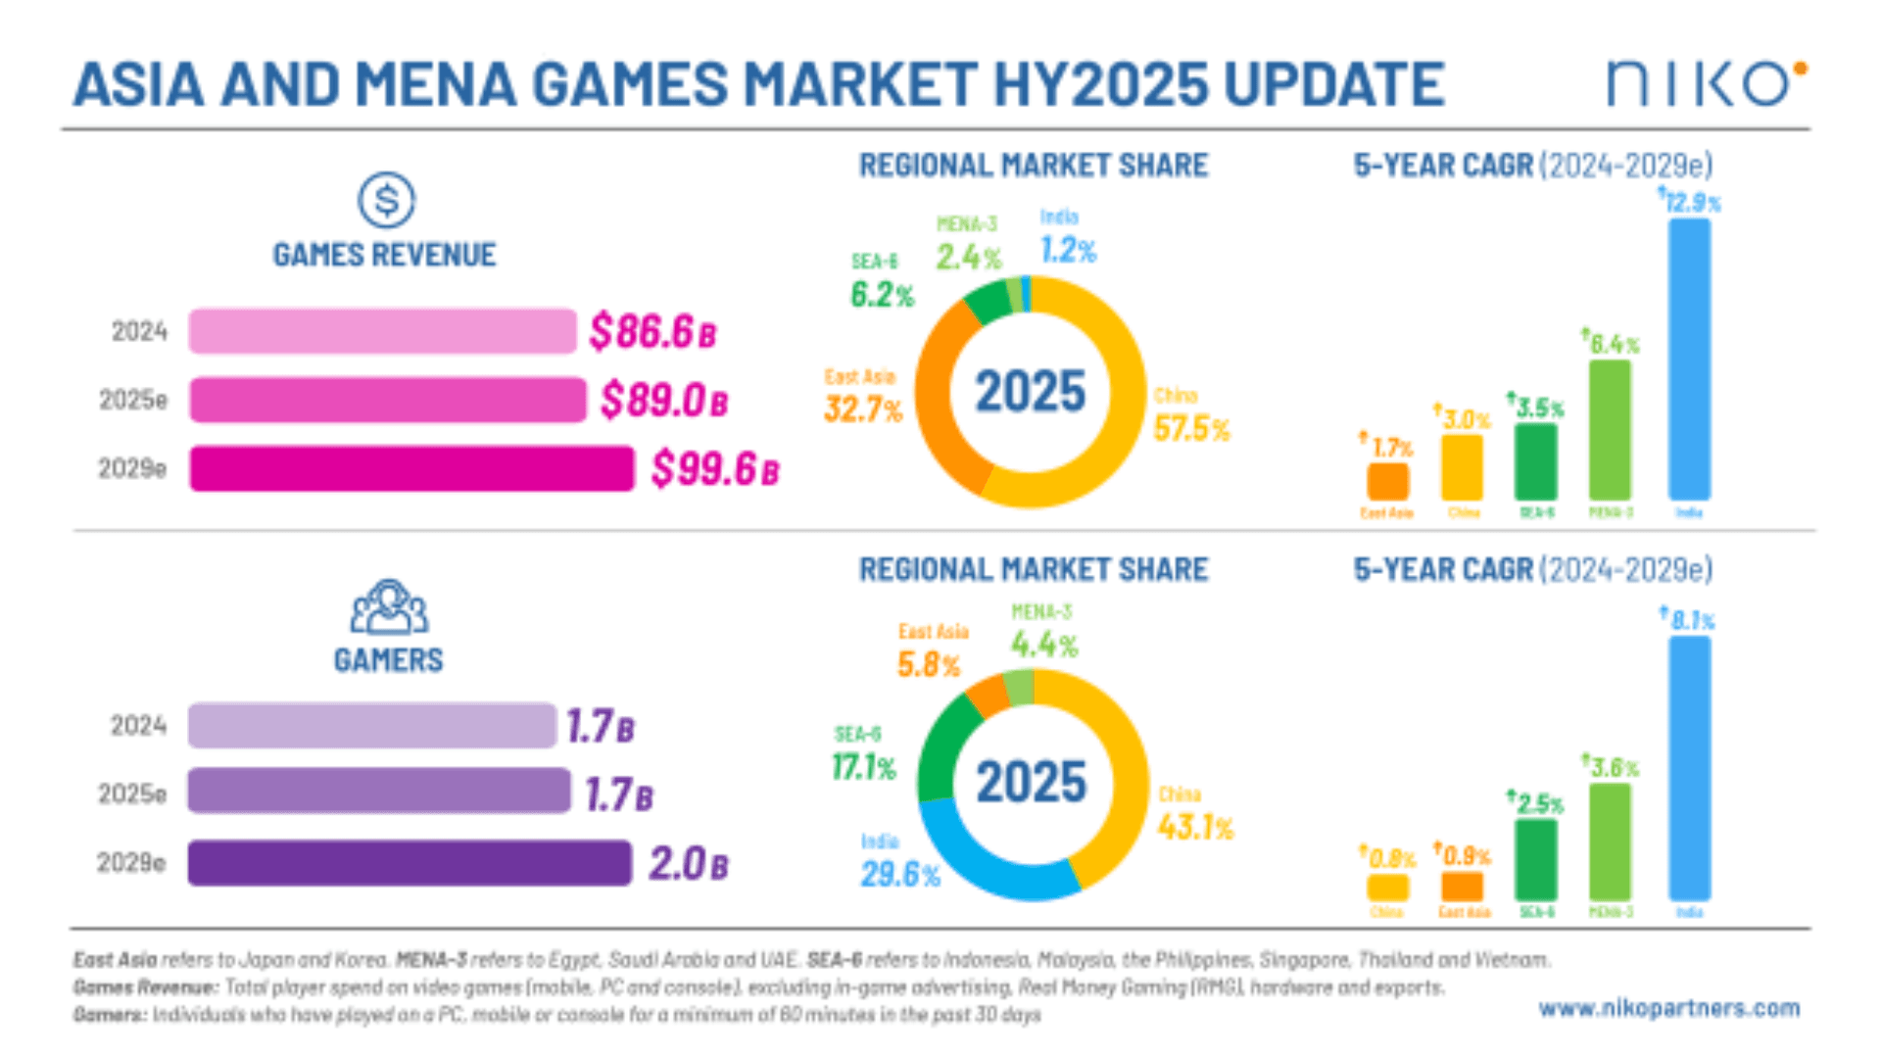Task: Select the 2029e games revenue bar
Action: [x=411, y=468]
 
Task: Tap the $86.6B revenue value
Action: [x=652, y=331]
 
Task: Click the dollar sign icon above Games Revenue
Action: [x=386, y=200]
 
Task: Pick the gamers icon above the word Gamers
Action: [x=389, y=607]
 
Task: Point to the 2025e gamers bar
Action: [x=379, y=791]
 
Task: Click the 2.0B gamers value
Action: [x=688, y=864]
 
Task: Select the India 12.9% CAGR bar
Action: [x=1689, y=359]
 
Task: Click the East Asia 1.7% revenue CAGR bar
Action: [x=1387, y=481]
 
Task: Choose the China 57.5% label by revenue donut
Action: [x=1190, y=428]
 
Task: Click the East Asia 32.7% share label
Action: [x=862, y=409]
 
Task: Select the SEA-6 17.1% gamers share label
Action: [x=863, y=766]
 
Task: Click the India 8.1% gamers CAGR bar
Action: [x=1689, y=768]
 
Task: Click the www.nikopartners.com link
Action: [x=1668, y=1008]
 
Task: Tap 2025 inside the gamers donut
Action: [x=1031, y=783]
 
